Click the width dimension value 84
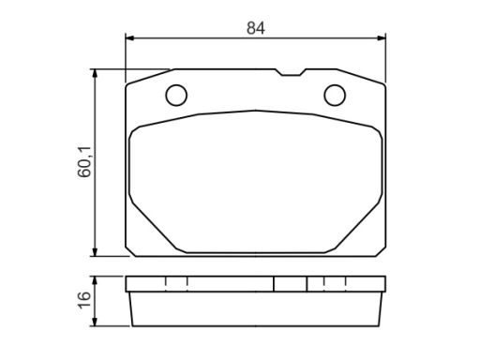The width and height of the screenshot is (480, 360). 256,28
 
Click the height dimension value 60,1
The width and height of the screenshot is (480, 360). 84,161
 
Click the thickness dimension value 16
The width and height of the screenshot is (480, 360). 84,300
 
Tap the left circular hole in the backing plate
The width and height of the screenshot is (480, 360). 176,95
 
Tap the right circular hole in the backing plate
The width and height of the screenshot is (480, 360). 335,95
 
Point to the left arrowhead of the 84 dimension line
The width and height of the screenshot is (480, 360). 129,38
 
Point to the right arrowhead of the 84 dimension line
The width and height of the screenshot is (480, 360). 382,38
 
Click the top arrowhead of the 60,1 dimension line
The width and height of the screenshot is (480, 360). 96,74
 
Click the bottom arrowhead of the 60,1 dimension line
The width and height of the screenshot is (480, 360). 96,252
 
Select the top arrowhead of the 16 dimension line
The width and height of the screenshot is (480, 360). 96,280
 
